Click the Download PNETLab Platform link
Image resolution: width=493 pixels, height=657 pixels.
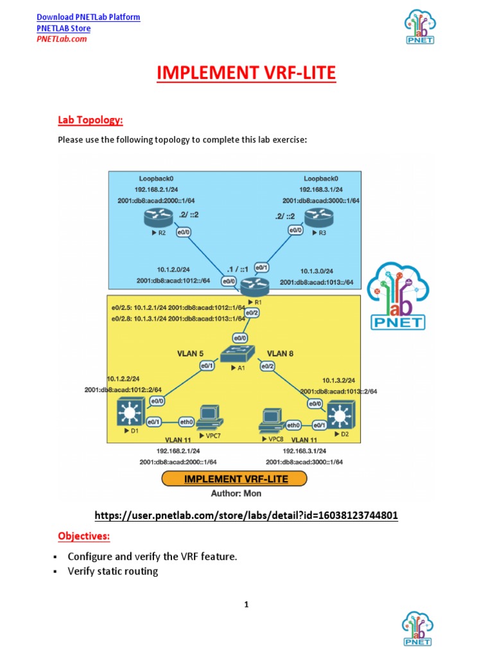tap(88, 17)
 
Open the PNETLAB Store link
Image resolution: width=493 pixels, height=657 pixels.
tap(64, 28)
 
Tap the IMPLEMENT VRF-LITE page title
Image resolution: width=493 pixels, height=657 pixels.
tap(246, 74)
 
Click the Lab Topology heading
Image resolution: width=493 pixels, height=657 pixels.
tap(91, 120)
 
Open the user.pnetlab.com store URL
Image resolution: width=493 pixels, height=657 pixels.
tap(246, 515)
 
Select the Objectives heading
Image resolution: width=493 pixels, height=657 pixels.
tap(84, 536)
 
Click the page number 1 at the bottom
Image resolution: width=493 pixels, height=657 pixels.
tap(246, 604)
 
